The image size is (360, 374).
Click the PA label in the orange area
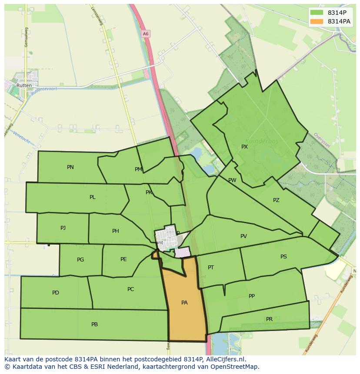pyautogui.click(x=184, y=303)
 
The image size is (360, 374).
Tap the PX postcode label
pyautogui.click(x=244, y=147)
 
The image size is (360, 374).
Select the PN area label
pyautogui.click(x=70, y=167)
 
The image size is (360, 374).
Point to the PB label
pyautogui.click(x=94, y=324)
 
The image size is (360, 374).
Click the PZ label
pyautogui.click(x=276, y=200)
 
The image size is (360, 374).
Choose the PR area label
pyautogui.click(x=269, y=319)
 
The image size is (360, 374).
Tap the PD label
pyautogui.click(x=56, y=293)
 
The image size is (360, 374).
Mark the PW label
pyautogui.click(x=232, y=180)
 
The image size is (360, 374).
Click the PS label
pyautogui.click(x=283, y=257)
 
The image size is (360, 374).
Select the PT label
pyautogui.click(x=211, y=268)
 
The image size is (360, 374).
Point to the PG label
pyautogui.click(x=80, y=260)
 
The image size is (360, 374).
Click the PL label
pyautogui.click(x=93, y=197)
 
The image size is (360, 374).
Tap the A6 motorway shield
pyautogui.click(x=145, y=33)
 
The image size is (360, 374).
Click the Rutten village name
pyautogui.click(x=24, y=86)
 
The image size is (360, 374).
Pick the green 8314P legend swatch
pyautogui.click(x=317, y=13)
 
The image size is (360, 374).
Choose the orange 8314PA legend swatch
pyautogui.click(x=317, y=21)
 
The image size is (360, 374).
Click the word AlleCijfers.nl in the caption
pyautogui.click(x=226, y=359)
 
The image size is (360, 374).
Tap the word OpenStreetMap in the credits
pyautogui.click(x=237, y=367)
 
